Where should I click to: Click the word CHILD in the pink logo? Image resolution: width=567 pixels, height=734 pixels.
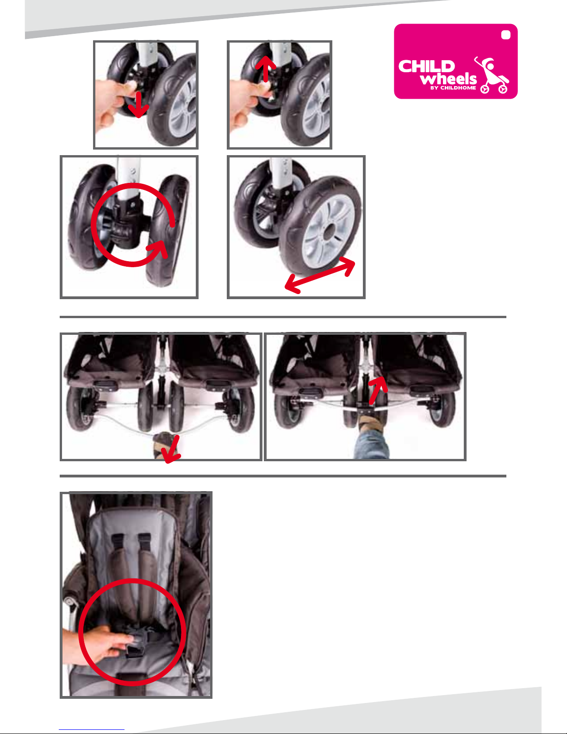click(x=427, y=66)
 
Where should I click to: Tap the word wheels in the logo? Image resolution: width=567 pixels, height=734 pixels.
click(x=448, y=79)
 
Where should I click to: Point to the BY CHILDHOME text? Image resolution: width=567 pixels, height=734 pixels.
click(x=453, y=88)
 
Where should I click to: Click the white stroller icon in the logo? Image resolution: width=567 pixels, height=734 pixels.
click(x=492, y=75)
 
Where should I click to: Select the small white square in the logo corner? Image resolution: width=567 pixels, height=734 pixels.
click(x=505, y=35)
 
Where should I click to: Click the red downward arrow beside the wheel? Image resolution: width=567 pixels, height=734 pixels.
click(x=138, y=104)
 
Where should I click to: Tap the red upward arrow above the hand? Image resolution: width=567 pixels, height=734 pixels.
click(x=266, y=69)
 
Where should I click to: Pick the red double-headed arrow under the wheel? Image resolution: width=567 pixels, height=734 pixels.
click(x=320, y=275)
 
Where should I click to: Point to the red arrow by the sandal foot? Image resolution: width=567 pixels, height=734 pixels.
click(x=171, y=449)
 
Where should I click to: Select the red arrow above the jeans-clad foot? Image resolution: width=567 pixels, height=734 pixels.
click(x=378, y=390)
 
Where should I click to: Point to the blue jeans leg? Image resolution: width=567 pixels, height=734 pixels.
click(x=371, y=444)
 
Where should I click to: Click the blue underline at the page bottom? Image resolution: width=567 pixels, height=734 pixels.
click(x=92, y=730)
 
